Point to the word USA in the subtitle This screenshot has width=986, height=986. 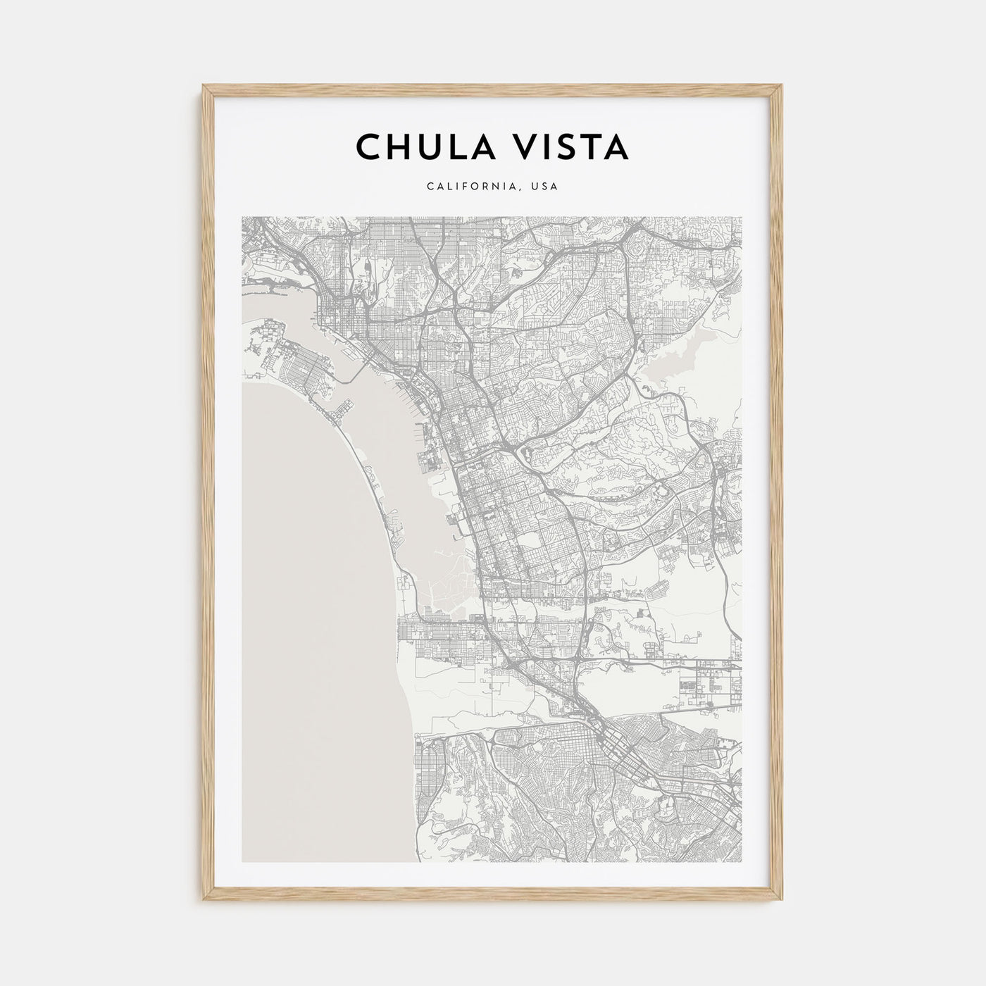tap(546, 187)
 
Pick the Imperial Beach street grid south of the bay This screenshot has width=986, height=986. tap(437, 637)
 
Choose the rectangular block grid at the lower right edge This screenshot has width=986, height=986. tap(704, 680)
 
